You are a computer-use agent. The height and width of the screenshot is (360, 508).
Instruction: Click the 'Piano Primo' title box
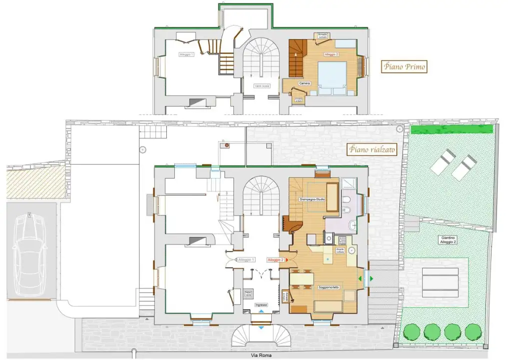click(404, 66)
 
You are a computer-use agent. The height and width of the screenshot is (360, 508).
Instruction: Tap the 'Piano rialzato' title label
click(372, 149)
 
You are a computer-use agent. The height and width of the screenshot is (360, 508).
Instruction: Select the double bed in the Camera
click(331, 78)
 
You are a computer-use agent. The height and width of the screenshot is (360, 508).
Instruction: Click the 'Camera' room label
click(305, 83)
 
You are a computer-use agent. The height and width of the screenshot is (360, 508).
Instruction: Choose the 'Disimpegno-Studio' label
click(313, 200)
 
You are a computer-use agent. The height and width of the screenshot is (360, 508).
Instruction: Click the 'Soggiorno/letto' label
click(329, 287)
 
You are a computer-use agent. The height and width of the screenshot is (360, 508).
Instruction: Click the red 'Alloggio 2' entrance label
click(276, 260)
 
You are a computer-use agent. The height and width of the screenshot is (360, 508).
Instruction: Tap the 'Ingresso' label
click(261, 304)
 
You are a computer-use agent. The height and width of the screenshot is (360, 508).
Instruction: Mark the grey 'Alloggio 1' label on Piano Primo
click(186, 54)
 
